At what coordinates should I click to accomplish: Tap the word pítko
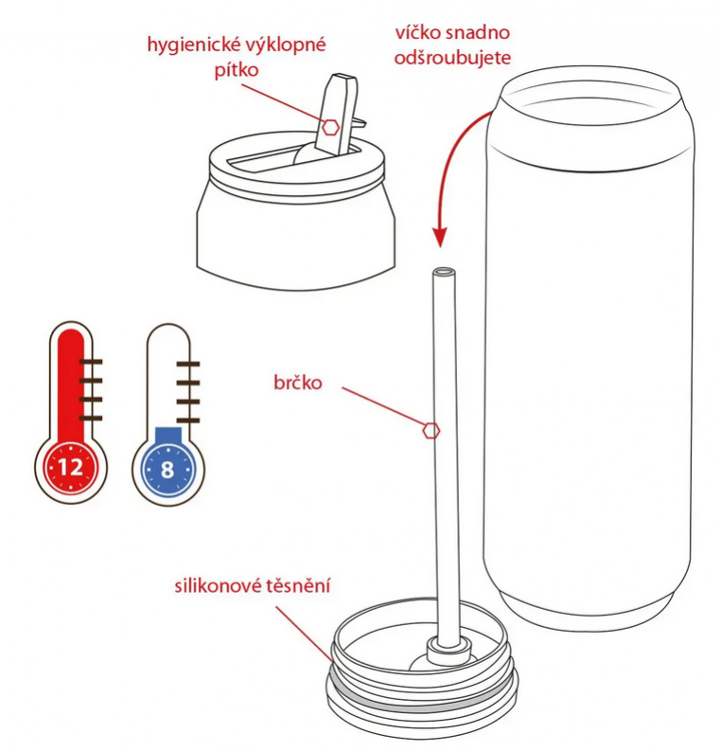pos(237,70)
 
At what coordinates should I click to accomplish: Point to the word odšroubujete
pos(452,58)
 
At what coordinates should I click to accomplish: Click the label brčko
pos(298,383)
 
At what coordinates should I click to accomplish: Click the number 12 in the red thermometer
pos(71,467)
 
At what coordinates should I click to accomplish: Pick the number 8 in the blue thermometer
pos(167,470)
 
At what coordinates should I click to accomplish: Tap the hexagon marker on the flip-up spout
pos(330,128)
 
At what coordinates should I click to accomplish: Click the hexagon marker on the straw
pos(431,431)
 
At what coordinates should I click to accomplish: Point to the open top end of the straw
pos(444,272)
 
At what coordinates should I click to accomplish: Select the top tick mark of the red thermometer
pos(91,361)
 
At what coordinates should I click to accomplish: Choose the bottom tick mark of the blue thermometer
pos(187,421)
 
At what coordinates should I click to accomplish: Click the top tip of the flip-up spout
pos(344,77)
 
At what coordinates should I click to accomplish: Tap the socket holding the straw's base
pos(448,650)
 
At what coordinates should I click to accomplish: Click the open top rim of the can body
pos(590,88)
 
